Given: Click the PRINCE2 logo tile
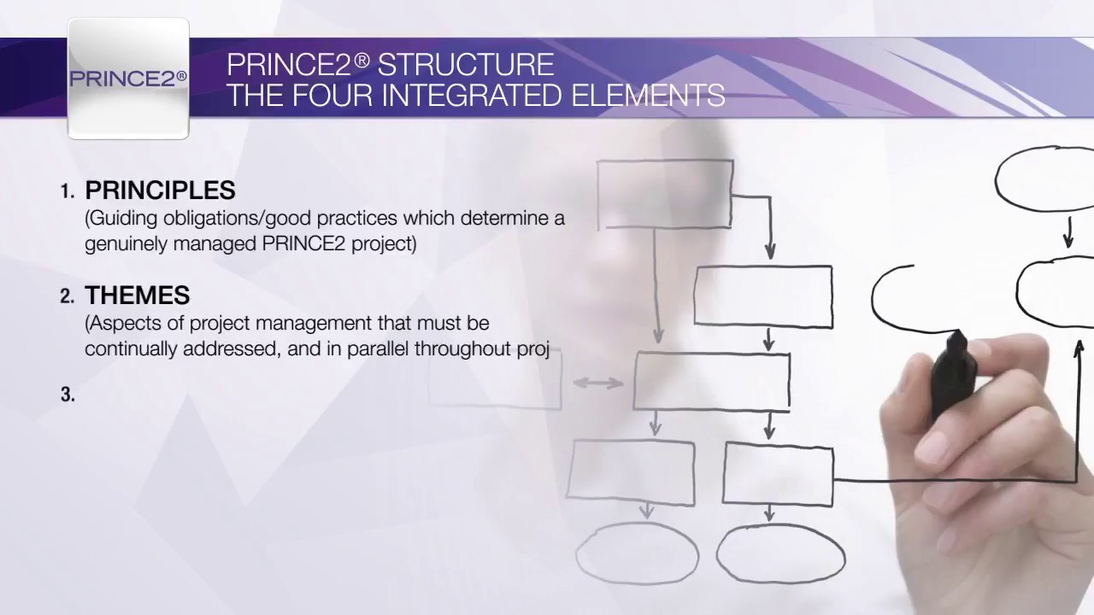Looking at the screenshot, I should point(128,79).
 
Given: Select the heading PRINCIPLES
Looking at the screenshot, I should point(160,190).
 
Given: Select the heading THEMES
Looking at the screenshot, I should point(137,296).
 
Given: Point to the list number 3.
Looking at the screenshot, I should point(68,395).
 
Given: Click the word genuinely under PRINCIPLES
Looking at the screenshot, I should point(123,244).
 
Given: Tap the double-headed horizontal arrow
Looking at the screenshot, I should point(597,384).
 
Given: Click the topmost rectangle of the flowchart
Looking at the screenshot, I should point(665,194).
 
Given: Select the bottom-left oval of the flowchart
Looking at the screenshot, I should point(638,553).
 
